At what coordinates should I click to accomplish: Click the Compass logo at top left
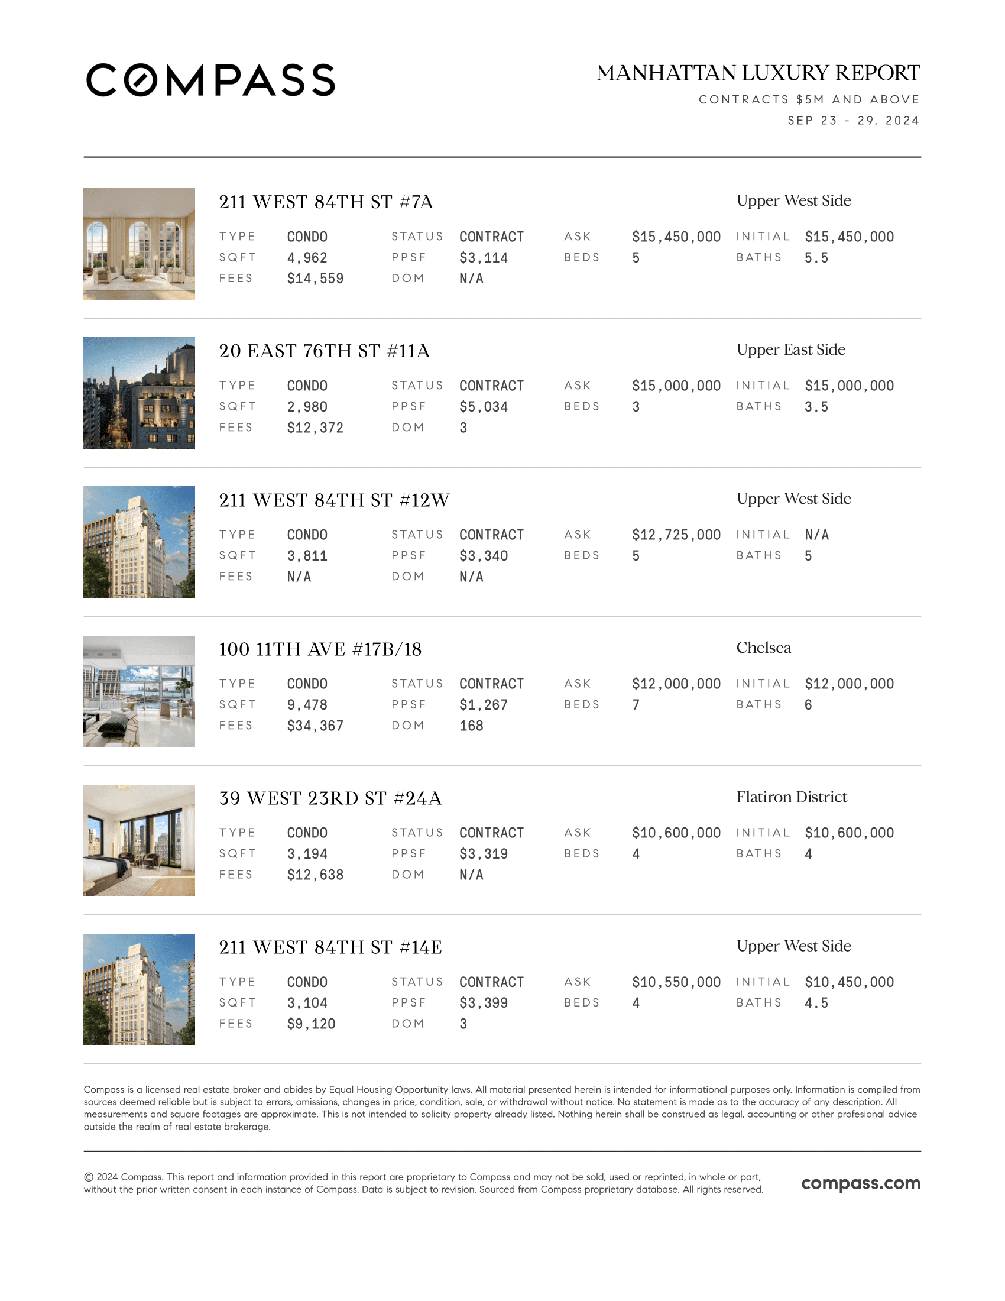(211, 80)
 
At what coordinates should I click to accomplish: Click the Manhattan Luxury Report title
(758, 73)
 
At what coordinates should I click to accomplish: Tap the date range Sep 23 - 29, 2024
(852, 121)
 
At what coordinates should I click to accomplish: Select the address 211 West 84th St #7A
(326, 202)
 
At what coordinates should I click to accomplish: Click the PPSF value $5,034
(484, 407)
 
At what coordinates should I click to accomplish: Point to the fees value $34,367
(315, 726)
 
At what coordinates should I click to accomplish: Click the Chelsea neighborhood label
(763, 648)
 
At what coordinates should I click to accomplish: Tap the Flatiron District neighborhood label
(791, 797)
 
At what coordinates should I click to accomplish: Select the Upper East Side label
(790, 349)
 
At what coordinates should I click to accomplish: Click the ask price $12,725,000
(676, 535)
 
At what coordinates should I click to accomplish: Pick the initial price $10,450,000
(849, 982)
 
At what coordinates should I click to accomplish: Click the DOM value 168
(471, 726)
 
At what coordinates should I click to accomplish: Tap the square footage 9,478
(307, 705)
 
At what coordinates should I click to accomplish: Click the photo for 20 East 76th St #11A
(139, 393)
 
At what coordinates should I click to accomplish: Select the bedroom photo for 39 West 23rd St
(139, 840)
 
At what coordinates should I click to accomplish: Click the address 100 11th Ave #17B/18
(320, 649)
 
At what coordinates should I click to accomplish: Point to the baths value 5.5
(816, 258)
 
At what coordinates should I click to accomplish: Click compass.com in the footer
(860, 1183)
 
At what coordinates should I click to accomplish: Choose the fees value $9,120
(311, 1024)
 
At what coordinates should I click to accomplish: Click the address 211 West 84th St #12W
(334, 500)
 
